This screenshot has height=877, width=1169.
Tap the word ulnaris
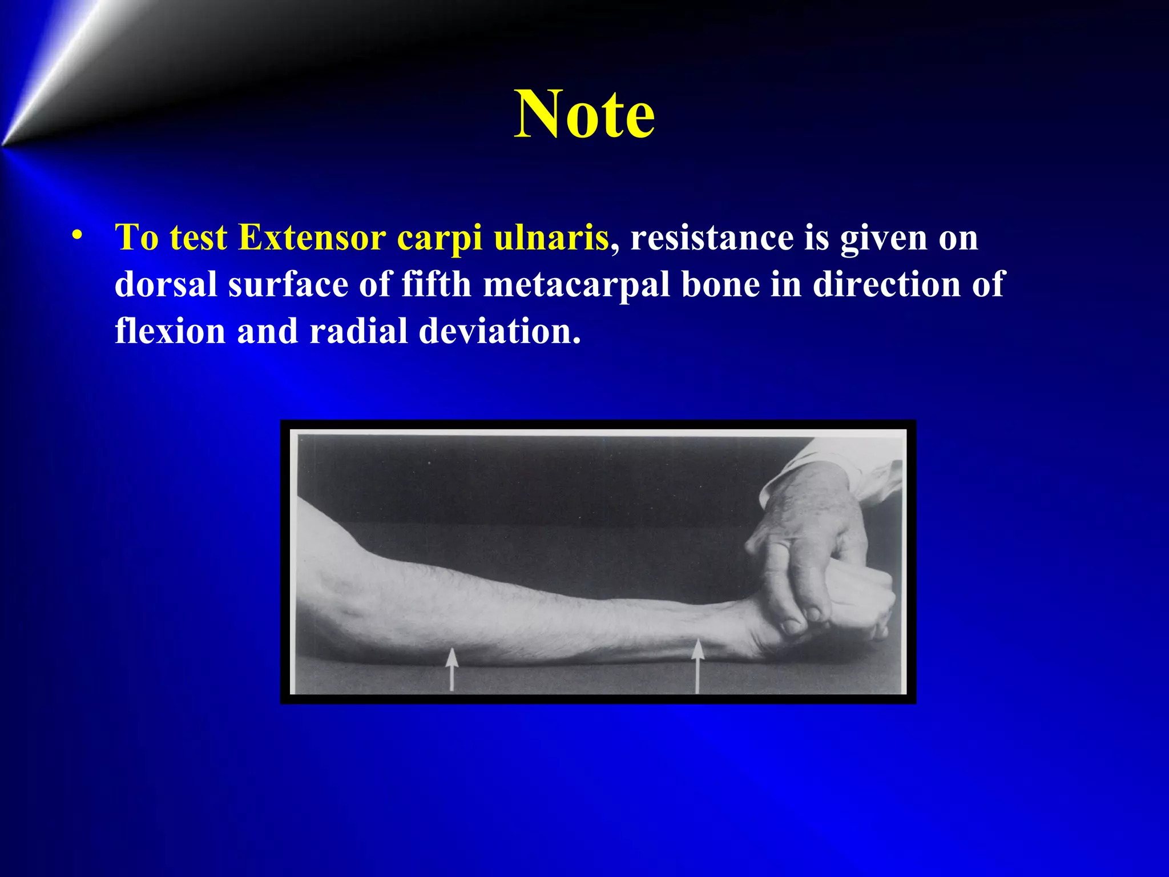pyautogui.click(x=551, y=237)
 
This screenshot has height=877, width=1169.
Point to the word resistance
pyautogui.click(x=711, y=237)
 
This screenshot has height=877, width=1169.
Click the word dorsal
pyautogui.click(x=166, y=284)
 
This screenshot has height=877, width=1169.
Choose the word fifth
pyautogui.click(x=436, y=284)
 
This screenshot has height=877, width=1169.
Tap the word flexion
pyautogui.click(x=170, y=331)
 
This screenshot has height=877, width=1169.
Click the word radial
pyautogui.click(x=358, y=331)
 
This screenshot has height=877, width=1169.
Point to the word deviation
pyautogui.click(x=499, y=331)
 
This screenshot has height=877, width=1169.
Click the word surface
pyautogui.click(x=288, y=284)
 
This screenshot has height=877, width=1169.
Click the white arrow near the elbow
pyautogui.click(x=452, y=668)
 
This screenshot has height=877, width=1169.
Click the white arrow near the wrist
pyautogui.click(x=697, y=665)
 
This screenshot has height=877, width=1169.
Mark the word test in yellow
pyautogui.click(x=198, y=237)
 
